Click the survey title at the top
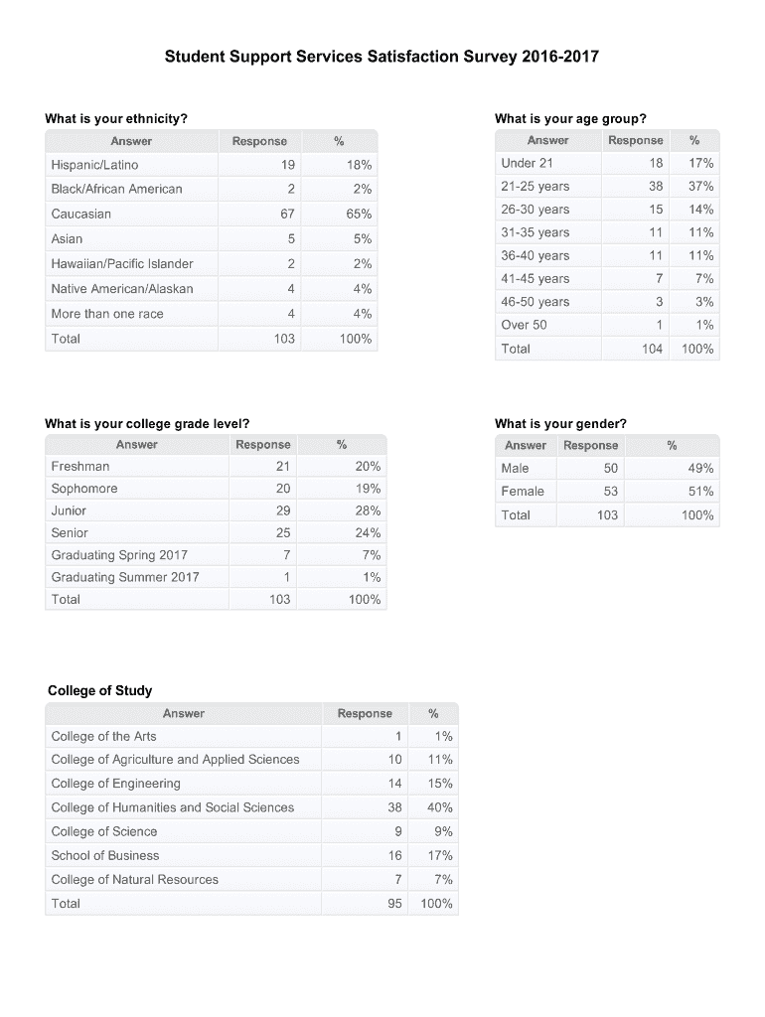(x=382, y=57)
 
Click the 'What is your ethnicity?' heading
(x=116, y=119)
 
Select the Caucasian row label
(x=81, y=214)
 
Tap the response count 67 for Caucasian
(x=286, y=214)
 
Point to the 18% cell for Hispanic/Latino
(x=360, y=164)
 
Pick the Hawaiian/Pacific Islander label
(x=122, y=263)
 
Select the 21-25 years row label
(x=535, y=186)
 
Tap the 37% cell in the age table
(x=700, y=186)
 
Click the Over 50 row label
(x=525, y=325)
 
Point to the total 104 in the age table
(x=652, y=349)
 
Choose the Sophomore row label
(x=84, y=489)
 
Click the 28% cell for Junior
(x=368, y=510)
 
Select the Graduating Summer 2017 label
(x=125, y=577)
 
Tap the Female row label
(x=523, y=491)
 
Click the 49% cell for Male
(x=700, y=468)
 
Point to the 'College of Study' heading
(x=100, y=690)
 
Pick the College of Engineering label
(x=116, y=784)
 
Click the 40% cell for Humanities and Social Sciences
(x=439, y=807)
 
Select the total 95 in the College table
(x=394, y=904)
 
